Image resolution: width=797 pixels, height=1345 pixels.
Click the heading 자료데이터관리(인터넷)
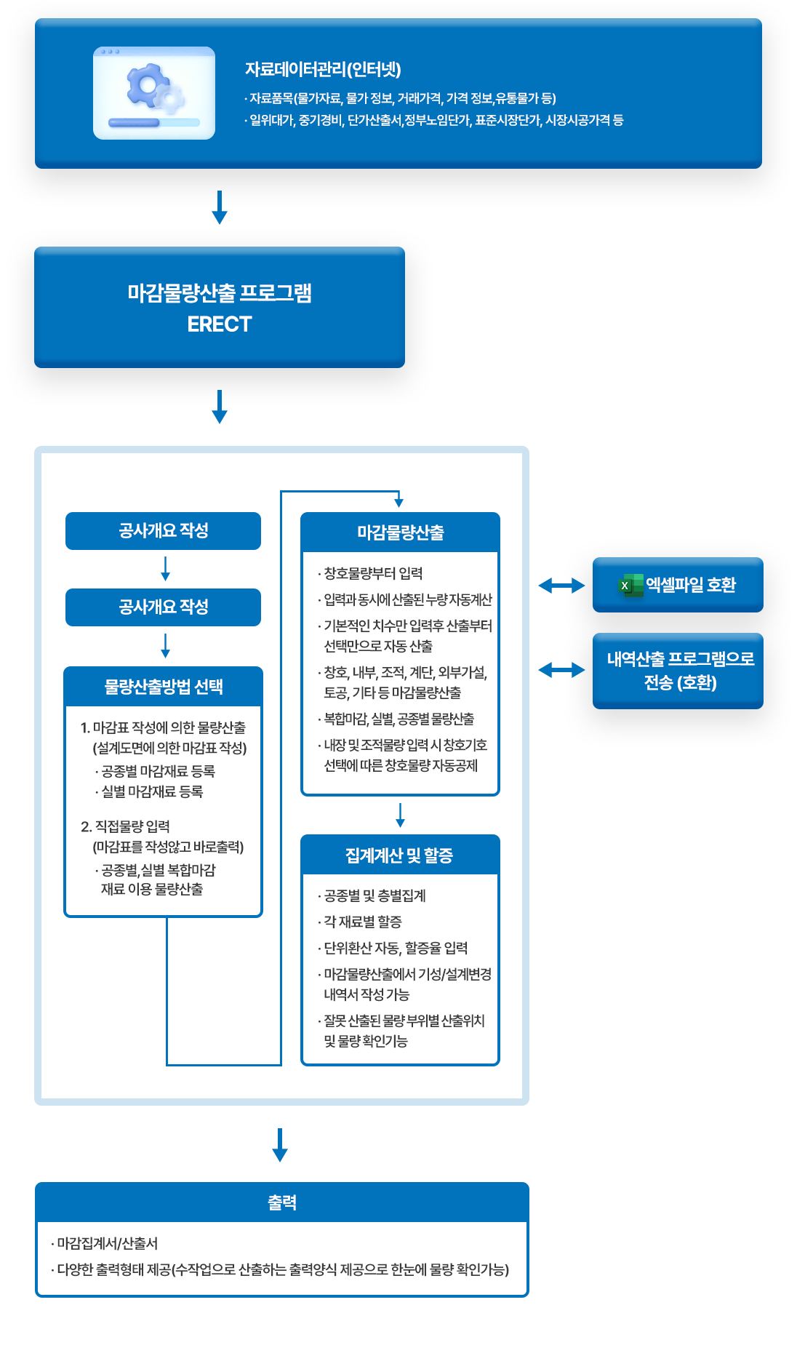click(323, 69)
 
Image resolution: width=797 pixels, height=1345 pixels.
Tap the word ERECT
click(220, 324)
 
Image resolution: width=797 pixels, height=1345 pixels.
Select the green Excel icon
click(630, 585)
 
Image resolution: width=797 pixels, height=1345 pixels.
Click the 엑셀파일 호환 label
click(691, 585)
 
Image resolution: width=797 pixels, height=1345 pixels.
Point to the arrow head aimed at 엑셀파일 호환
click(579, 585)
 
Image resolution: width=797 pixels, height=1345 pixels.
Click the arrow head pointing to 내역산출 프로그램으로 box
click(579, 670)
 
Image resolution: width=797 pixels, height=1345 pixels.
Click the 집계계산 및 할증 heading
click(399, 855)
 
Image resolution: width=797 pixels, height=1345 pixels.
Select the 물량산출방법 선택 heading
click(164, 687)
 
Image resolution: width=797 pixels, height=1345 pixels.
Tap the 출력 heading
click(282, 1202)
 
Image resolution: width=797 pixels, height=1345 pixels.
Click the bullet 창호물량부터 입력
click(372, 573)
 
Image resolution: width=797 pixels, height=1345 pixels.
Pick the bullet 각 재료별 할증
click(362, 922)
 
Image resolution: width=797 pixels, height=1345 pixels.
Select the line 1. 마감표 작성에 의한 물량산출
click(163, 727)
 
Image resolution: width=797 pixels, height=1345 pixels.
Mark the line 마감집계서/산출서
click(107, 1243)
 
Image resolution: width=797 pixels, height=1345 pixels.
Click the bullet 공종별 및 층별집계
click(374, 895)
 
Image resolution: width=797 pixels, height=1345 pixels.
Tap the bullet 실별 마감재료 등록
click(151, 791)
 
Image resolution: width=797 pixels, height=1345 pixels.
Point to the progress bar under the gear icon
click(153, 123)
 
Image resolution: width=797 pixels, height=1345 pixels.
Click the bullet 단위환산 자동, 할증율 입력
click(395, 948)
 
